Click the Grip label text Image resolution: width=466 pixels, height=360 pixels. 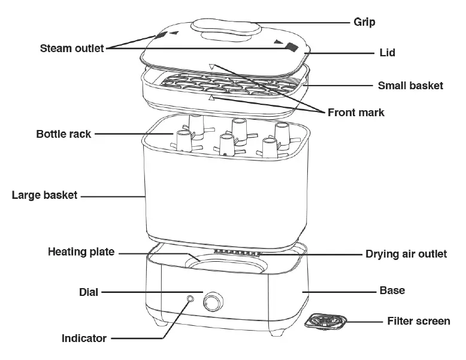click(x=364, y=23)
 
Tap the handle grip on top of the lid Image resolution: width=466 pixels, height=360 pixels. click(x=225, y=29)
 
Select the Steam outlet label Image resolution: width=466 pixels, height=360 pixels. click(x=72, y=48)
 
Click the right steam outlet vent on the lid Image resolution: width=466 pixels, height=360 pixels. click(x=291, y=46)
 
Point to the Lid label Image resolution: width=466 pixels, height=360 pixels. click(x=387, y=53)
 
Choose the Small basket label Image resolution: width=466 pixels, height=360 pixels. click(x=410, y=86)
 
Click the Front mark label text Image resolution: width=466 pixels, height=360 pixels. click(x=356, y=112)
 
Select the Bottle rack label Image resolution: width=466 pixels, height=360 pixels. click(x=63, y=134)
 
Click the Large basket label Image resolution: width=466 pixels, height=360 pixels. click(x=44, y=195)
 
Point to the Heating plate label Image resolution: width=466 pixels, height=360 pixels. click(x=81, y=252)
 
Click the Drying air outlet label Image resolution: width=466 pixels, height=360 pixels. click(x=406, y=254)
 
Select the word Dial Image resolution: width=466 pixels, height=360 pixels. click(x=89, y=292)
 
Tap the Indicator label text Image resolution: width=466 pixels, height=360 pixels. click(x=84, y=338)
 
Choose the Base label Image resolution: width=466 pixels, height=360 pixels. click(x=392, y=291)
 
